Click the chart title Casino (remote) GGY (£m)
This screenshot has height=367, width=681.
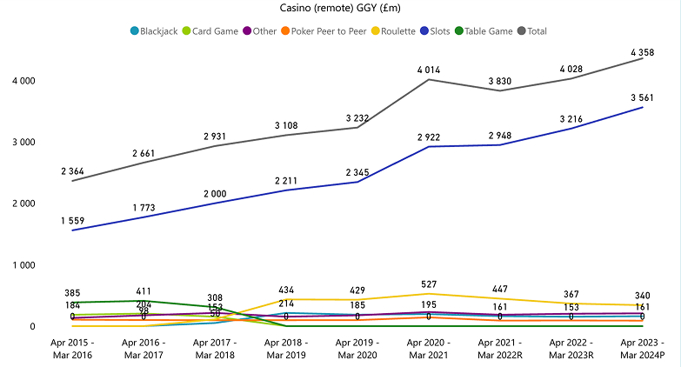[x=340, y=9]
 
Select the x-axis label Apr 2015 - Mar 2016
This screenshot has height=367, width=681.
[x=71, y=350]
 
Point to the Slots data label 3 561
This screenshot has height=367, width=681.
[x=643, y=97]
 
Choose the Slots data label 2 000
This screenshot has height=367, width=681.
[x=215, y=193]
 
